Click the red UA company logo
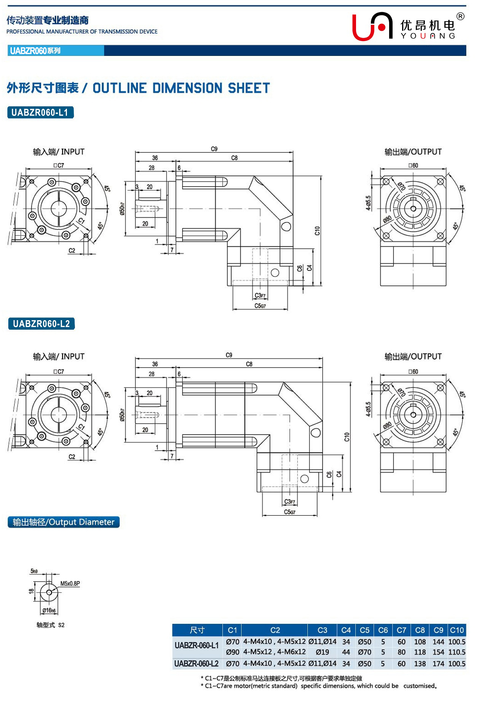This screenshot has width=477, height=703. [x=372, y=27]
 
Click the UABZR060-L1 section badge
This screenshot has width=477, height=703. [x=40, y=113]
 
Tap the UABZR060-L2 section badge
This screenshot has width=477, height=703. [x=41, y=324]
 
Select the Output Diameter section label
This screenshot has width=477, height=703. [x=64, y=522]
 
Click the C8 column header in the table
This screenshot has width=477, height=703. [x=420, y=630]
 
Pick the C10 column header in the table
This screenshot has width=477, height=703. [x=456, y=630]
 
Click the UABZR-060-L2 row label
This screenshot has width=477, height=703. [x=196, y=663]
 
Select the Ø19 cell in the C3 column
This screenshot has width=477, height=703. [x=322, y=652]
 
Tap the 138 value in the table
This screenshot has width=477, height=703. [x=420, y=663]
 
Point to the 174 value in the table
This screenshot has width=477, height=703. [x=438, y=663]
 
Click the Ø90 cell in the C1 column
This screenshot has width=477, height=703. [x=232, y=652]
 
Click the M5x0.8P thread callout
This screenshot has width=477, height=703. [x=70, y=584]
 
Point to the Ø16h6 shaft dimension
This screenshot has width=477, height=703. [x=49, y=610]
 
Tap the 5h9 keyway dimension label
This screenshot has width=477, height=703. [x=34, y=571]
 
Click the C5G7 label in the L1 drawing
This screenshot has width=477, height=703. [x=260, y=306]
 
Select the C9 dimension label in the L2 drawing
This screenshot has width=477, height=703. [x=229, y=355]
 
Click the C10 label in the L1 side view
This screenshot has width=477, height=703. [x=317, y=231]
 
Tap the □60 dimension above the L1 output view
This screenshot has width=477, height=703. [x=413, y=165]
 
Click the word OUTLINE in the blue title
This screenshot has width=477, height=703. [x=119, y=88]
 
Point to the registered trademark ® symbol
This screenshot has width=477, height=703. [x=460, y=16]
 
